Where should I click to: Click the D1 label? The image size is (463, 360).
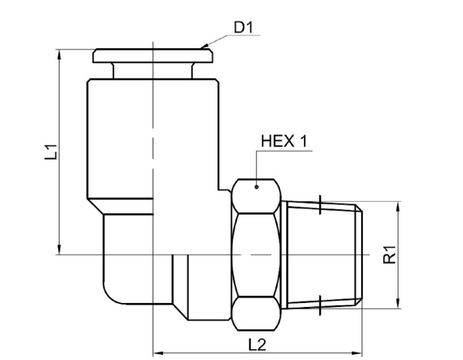[243, 27]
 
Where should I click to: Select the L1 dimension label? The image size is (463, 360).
[51, 151]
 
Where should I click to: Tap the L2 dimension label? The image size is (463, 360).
[257, 344]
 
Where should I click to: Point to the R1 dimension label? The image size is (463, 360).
[390, 254]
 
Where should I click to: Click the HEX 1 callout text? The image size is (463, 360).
[284, 141]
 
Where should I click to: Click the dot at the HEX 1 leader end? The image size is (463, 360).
[256, 187]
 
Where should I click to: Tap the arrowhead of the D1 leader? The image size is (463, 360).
[205, 46]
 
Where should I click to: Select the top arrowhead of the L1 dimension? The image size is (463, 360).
[60, 54]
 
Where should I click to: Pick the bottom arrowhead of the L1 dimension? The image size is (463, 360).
[60, 249]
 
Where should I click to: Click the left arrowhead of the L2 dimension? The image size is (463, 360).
[158, 353]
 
